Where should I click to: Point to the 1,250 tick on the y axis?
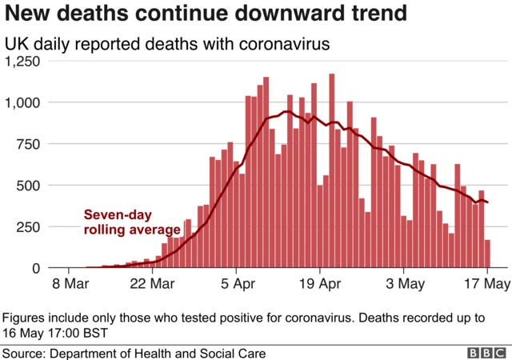pos(27,62)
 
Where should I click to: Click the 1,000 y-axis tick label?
pos(27,102)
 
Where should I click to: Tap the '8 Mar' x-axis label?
pos(70,284)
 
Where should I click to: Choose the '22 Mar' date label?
pos(153,284)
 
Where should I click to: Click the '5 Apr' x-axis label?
pos(237,284)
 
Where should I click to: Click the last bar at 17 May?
pos(486,254)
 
